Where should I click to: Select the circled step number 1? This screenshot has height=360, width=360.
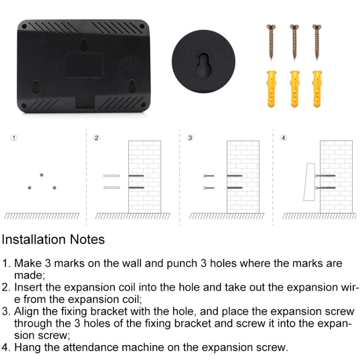pyautogui.click(x=14, y=138)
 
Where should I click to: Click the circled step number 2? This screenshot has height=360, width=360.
pyautogui.click(x=96, y=138)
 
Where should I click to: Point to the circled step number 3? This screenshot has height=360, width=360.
pyautogui.click(x=190, y=138)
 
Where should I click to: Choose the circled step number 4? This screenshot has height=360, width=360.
pyautogui.click(x=284, y=138)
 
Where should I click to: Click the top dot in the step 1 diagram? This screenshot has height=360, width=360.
pyautogui.click(x=42, y=175)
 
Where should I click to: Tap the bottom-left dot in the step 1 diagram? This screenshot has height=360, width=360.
pyautogui.click(x=30, y=187)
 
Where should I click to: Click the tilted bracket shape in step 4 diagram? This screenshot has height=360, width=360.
pyautogui.click(x=309, y=182)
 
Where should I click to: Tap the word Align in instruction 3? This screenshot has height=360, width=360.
pyautogui.click(x=28, y=311)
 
